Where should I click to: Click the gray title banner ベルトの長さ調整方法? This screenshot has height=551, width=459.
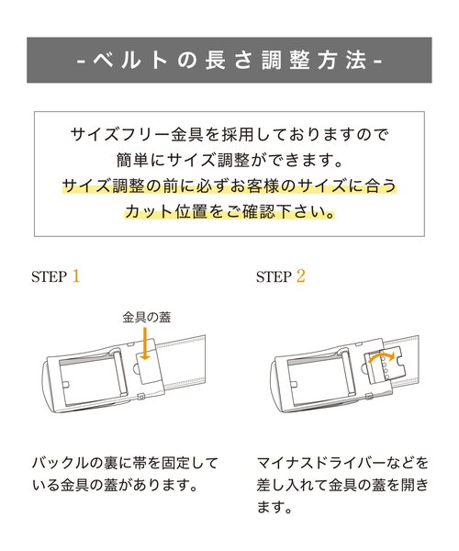229,61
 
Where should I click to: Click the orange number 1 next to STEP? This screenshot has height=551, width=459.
76,275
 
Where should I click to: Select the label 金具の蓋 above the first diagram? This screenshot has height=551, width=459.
147,317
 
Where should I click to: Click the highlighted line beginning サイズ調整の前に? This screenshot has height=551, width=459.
229,186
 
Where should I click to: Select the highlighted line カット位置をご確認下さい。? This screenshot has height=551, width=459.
229,212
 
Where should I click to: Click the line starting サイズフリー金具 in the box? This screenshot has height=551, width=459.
229,134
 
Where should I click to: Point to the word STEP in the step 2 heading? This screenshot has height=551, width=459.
273,276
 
